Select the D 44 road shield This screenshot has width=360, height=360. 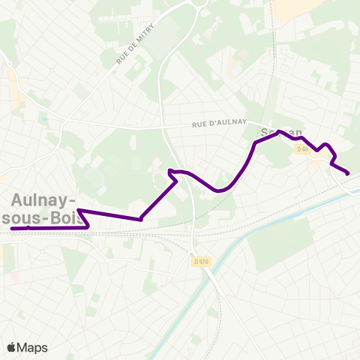tap(302, 149)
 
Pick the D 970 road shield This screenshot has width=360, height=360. tap(199, 261)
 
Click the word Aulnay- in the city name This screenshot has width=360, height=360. tap(43, 200)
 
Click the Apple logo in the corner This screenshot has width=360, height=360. tap(12, 347)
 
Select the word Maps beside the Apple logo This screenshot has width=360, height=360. tap(32, 347)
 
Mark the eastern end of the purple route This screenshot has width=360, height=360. tap(348, 174)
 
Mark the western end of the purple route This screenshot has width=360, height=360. tap(13, 228)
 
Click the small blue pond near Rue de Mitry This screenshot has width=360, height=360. tap(44, 118)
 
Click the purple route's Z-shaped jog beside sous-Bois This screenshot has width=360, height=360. tap(84, 219)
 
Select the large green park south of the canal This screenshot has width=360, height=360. tap(281, 244)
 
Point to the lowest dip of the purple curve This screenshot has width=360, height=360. tap(220, 190)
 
